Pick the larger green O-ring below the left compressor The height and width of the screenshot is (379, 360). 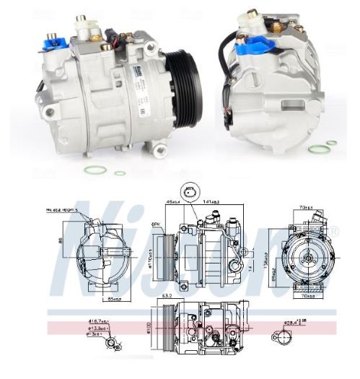(x=92, y=170)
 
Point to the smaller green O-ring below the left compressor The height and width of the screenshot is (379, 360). (x=120, y=173)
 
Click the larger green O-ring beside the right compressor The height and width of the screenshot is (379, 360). (x=315, y=149)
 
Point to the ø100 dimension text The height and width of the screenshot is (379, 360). (x=147, y=329)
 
